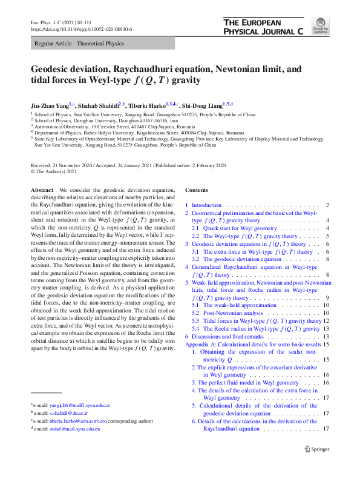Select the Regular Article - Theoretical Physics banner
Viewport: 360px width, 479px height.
click(x=75, y=44)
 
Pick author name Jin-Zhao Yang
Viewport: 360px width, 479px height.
click(x=51, y=104)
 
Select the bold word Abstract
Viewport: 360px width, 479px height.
click(x=42, y=190)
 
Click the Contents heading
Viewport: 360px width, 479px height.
click(x=197, y=190)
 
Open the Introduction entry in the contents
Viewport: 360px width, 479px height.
click(x=206, y=206)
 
